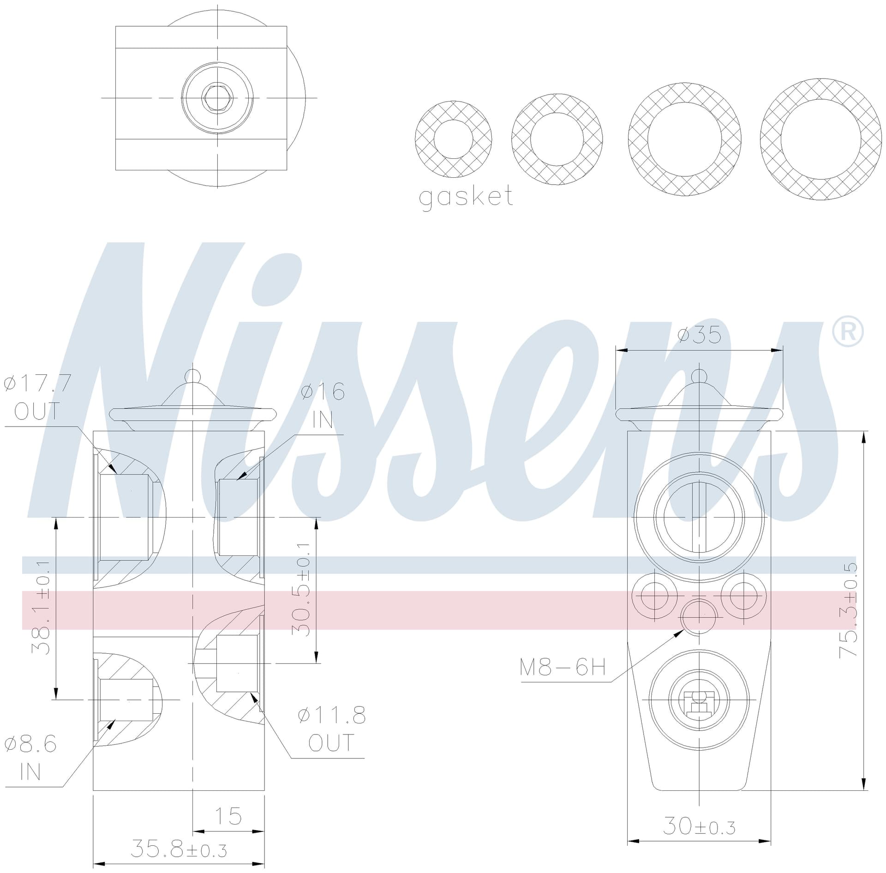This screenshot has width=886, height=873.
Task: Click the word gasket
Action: point(466,197)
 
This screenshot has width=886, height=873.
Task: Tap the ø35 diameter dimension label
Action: point(700,334)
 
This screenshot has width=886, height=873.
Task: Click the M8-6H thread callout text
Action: point(563,667)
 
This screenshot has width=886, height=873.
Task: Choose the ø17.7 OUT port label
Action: point(37,397)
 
